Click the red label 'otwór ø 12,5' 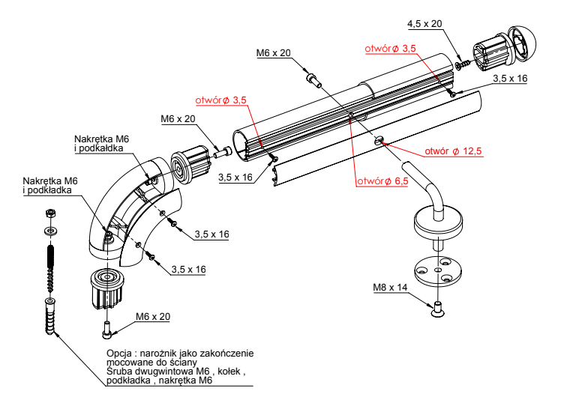[452, 151]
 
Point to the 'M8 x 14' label [391, 287]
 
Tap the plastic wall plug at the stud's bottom [49, 318]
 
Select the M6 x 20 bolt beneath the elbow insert [108, 327]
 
